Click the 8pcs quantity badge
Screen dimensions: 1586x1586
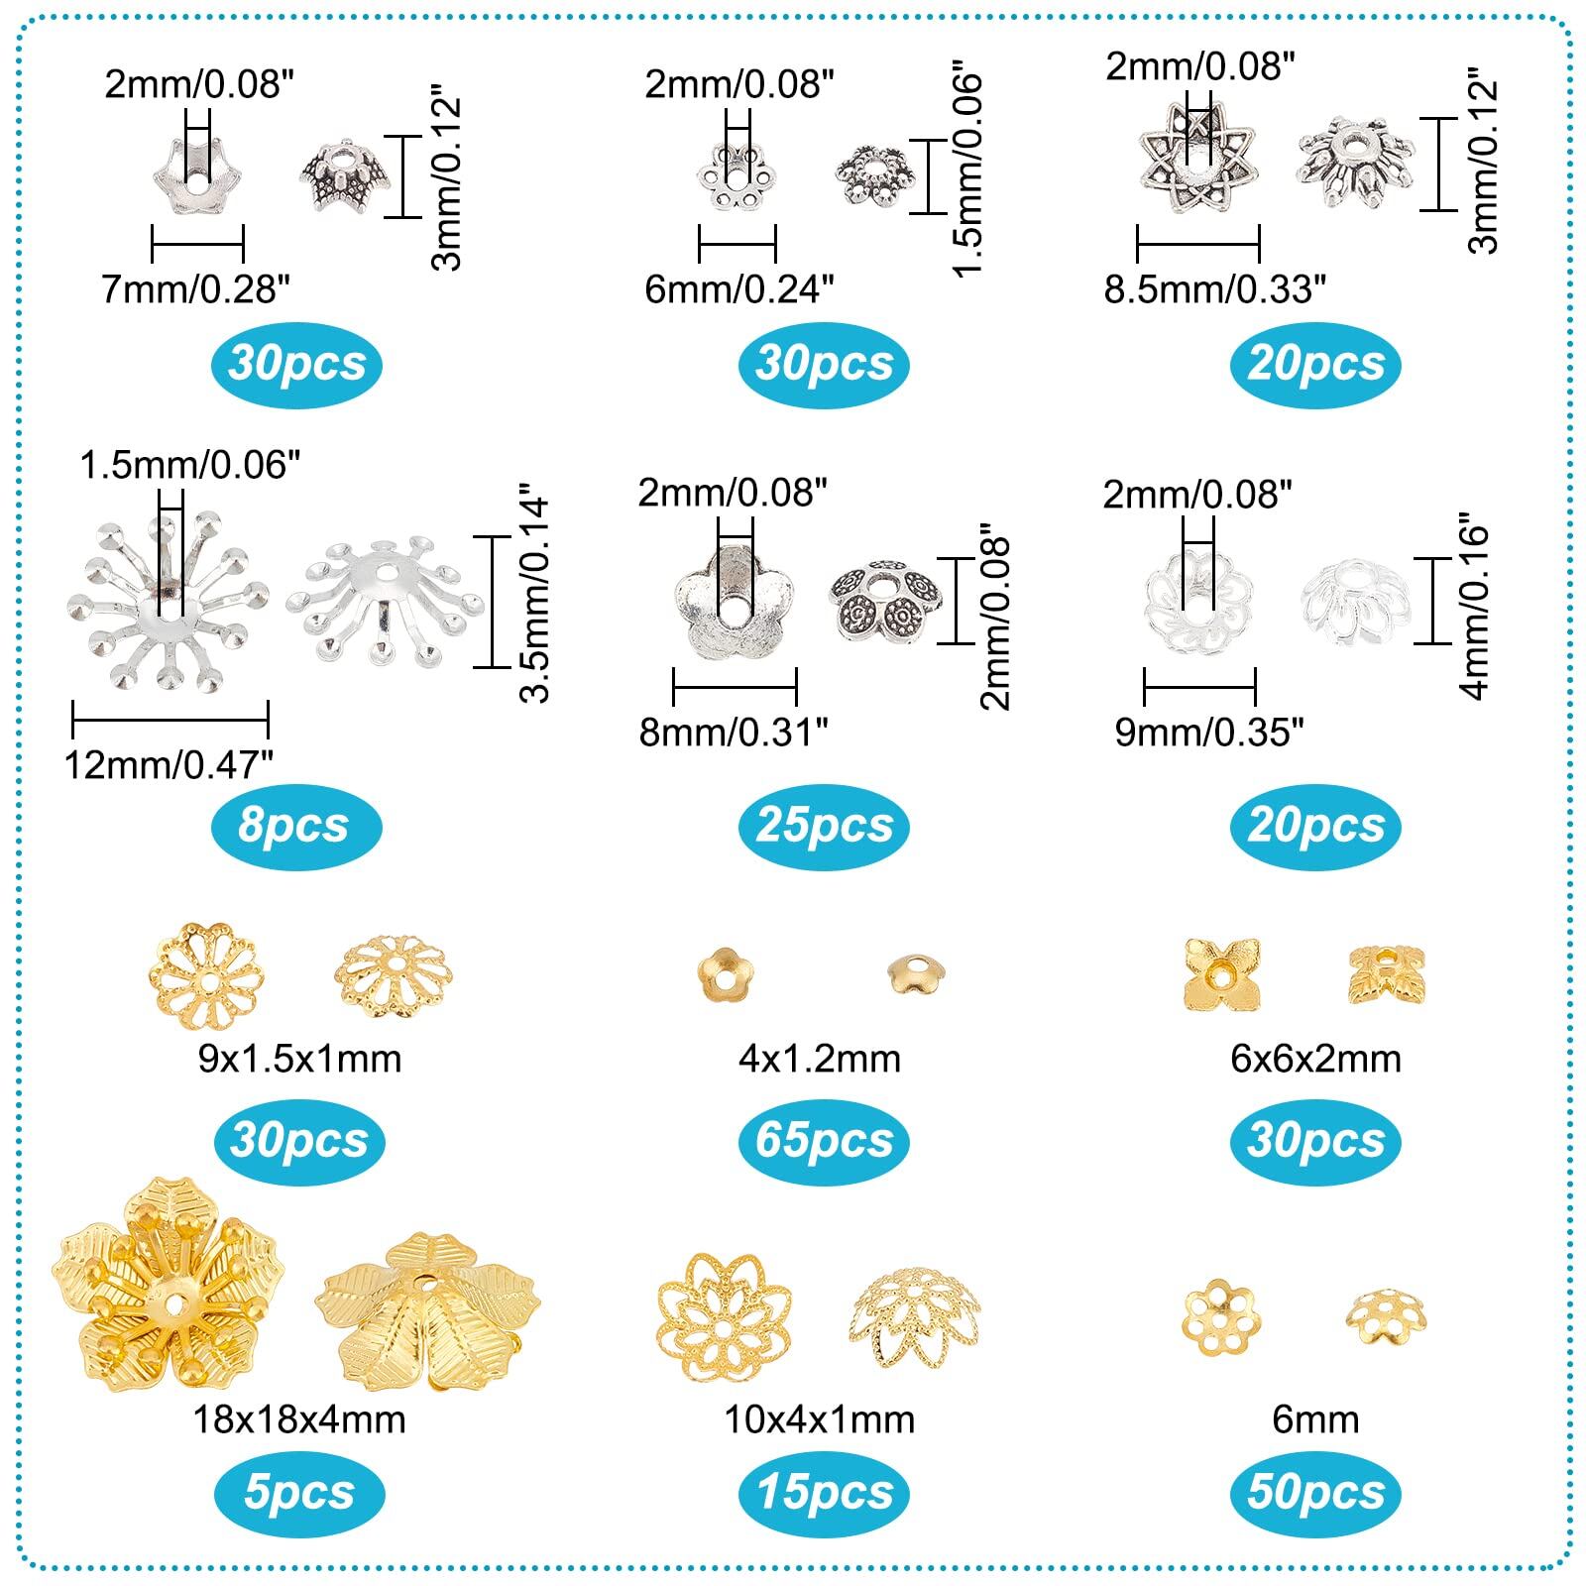(296, 825)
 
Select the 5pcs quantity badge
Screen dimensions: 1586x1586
(298, 1492)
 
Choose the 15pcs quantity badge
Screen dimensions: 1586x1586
(824, 1492)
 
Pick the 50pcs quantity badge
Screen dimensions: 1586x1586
(1315, 1492)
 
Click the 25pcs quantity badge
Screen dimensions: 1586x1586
(824, 825)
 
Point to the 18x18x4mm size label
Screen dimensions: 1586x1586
(298, 1418)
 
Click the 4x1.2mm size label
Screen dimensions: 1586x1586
(820, 1059)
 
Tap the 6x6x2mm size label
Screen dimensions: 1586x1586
(1315, 1059)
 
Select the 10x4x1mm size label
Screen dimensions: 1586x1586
(820, 1418)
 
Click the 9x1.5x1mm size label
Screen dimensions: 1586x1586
(299, 1059)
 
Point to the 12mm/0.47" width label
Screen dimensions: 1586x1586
(169, 764)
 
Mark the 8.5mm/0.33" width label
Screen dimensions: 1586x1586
(1215, 289)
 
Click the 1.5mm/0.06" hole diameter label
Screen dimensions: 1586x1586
(189, 464)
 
